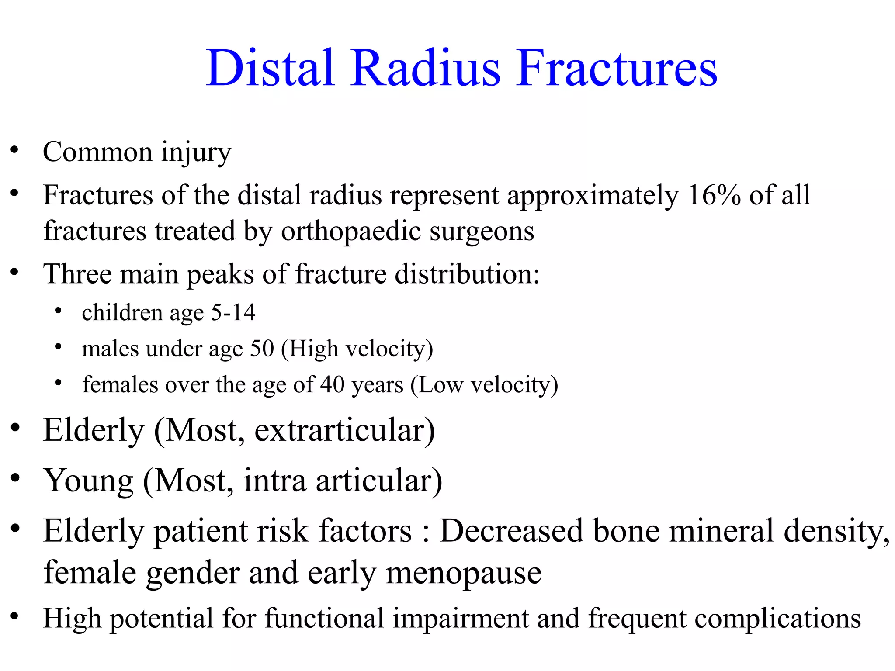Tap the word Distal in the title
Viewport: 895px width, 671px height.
click(271, 68)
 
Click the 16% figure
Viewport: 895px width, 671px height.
click(714, 195)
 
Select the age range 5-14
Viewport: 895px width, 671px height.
click(233, 313)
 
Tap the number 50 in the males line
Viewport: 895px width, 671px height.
click(262, 349)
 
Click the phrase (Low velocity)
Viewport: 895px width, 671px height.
click(484, 385)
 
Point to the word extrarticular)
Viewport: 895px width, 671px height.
click(344, 431)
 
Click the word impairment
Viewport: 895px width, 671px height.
click(460, 619)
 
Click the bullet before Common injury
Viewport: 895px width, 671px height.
click(15, 150)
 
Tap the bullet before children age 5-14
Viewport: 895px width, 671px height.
click(58, 311)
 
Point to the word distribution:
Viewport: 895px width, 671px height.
click(467, 274)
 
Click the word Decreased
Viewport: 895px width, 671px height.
click(511, 531)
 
